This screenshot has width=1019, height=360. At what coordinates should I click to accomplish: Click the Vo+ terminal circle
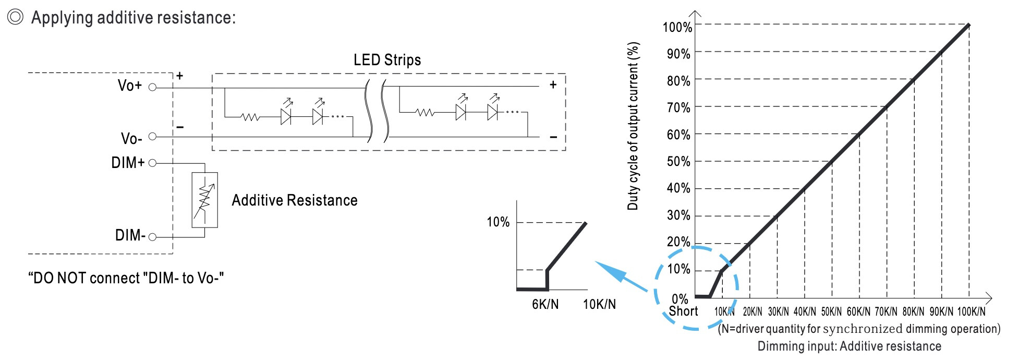point(152,87)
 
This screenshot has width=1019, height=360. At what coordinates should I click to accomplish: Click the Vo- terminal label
point(131,139)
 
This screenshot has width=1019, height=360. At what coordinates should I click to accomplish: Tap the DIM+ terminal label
point(128,163)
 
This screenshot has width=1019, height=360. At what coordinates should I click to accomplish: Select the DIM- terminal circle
point(152,237)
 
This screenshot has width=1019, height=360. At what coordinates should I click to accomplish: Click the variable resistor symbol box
point(204,200)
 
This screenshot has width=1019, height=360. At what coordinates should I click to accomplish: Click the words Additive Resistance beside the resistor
point(295,200)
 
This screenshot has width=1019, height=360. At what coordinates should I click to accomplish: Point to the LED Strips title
point(387,60)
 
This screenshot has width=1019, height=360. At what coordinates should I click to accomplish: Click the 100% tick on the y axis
point(677,27)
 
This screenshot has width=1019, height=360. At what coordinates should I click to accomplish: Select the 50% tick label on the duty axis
point(678,162)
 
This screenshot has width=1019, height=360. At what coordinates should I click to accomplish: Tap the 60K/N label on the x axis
point(858,312)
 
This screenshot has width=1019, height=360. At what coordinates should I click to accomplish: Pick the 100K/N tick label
point(971,312)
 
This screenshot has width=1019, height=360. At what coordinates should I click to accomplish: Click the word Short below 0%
point(683,311)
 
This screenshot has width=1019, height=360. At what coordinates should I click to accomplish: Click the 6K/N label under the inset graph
point(545,304)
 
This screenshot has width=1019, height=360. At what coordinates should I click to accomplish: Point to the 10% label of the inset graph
point(498,222)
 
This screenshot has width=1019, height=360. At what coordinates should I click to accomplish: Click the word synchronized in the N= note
point(863,329)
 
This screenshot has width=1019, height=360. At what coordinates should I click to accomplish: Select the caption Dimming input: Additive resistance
point(849,346)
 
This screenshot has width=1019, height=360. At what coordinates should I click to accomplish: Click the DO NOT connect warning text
point(126,278)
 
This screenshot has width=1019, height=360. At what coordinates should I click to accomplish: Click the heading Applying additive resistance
point(134,18)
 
